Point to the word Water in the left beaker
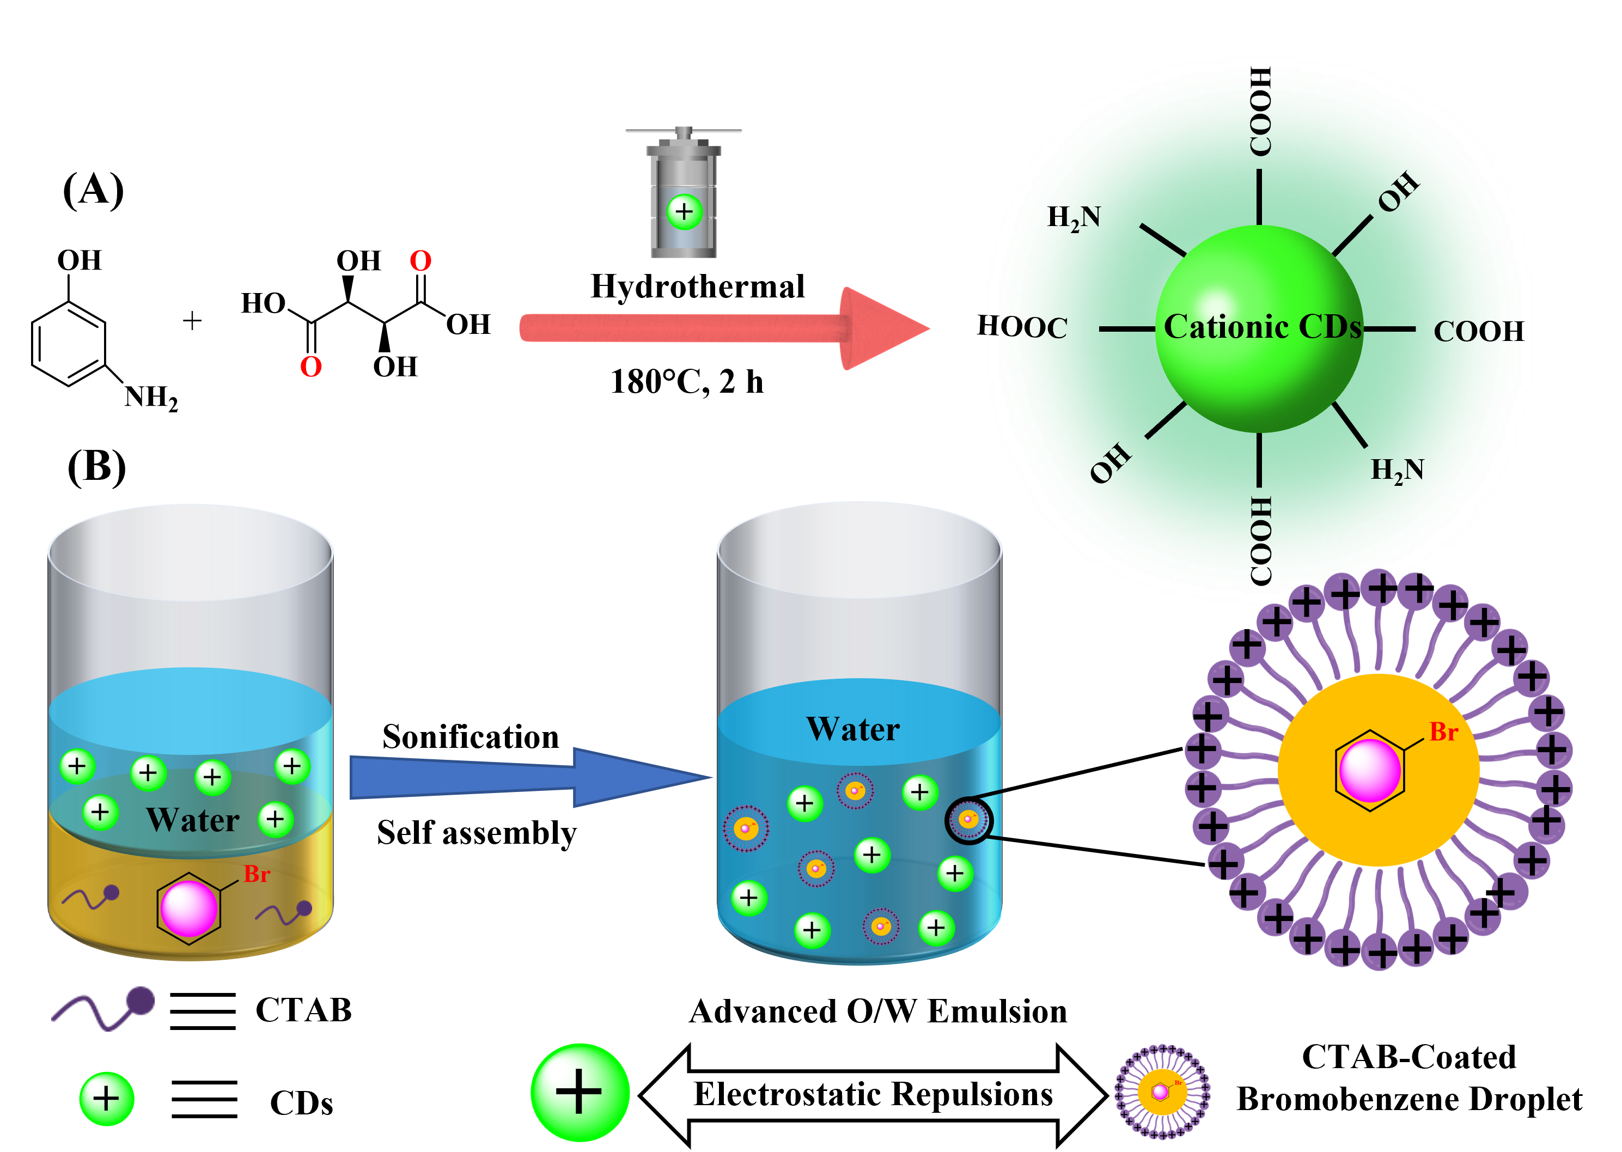(193, 820)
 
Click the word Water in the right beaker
(853, 729)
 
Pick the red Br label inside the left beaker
(257, 874)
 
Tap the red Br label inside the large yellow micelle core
(1443, 732)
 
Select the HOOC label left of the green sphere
(1030, 328)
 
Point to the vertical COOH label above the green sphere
(1260, 111)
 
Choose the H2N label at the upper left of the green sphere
(1074, 218)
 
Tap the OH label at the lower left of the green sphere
(1111, 462)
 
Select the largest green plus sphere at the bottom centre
(580, 1092)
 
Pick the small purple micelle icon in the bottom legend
(1162, 1091)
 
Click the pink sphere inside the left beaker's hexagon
(188, 908)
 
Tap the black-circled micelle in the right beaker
(969, 820)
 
